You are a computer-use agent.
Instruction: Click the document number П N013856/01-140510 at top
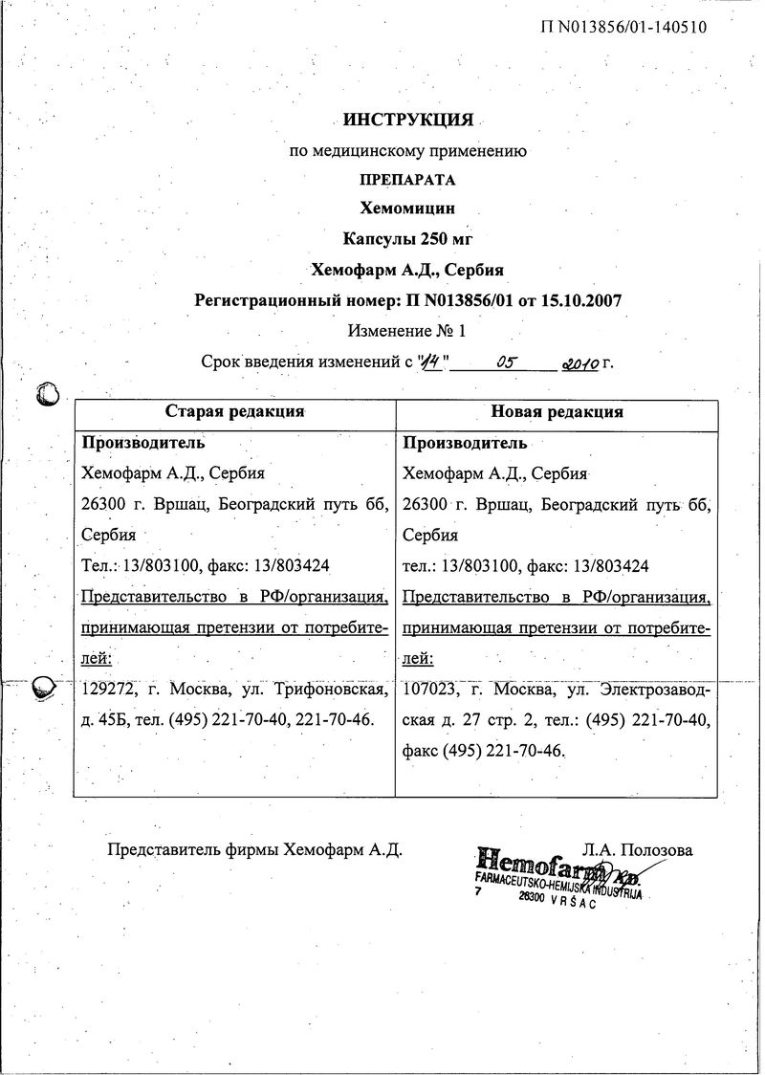click(624, 27)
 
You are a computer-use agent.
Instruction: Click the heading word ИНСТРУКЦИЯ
click(408, 121)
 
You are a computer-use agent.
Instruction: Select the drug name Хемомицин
click(408, 208)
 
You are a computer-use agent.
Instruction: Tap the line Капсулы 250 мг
click(408, 238)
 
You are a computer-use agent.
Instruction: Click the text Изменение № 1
click(407, 331)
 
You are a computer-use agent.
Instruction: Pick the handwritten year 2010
click(580, 363)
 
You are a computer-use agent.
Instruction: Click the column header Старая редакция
click(235, 412)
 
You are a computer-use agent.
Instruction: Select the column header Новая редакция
click(557, 412)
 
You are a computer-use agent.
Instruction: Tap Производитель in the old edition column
click(143, 443)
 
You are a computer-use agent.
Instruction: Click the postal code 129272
click(108, 688)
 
